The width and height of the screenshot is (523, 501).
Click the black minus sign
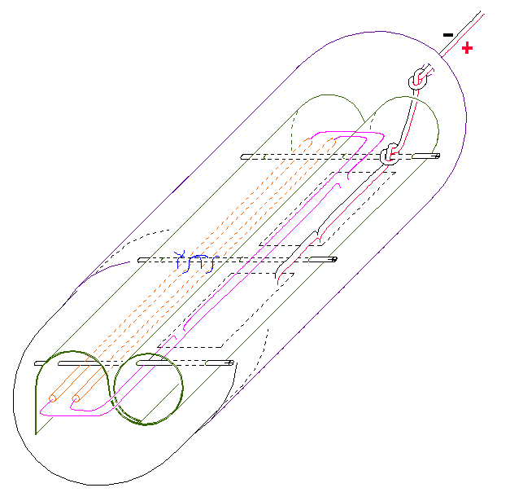coord(448,35)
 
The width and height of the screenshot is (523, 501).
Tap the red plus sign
coord(467,48)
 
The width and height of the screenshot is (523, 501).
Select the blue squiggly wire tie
coord(197,261)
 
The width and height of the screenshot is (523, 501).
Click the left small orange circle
coord(52,398)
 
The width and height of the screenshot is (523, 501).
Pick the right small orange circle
coord(76,398)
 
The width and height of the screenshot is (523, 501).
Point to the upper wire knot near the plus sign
coord(418,80)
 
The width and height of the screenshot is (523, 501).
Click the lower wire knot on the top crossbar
coord(390,155)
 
